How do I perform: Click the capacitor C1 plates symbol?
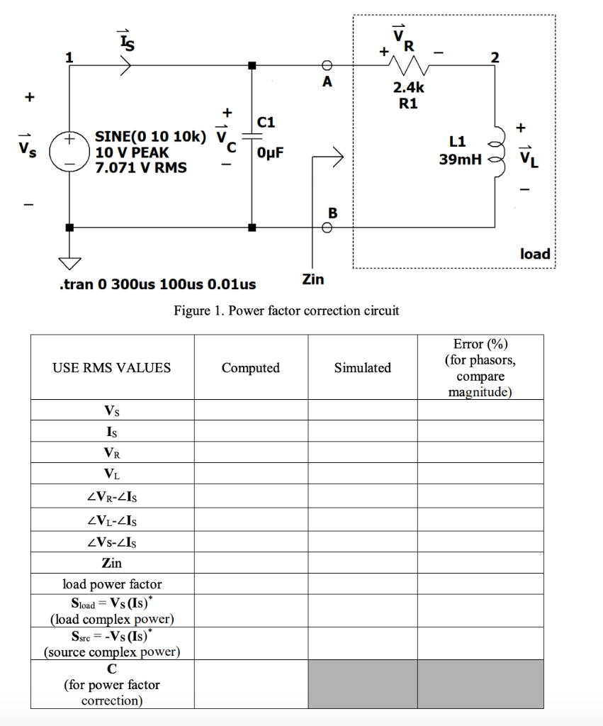[252, 138]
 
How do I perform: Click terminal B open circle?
[327, 228]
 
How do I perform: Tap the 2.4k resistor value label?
[409, 88]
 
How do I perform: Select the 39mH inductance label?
[458, 160]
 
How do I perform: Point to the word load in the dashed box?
[534, 253]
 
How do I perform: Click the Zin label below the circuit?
[312, 279]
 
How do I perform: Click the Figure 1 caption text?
[286, 311]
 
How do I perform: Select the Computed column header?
[250, 367]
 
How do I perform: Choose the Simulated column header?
[362, 367]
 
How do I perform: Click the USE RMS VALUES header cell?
[112, 367]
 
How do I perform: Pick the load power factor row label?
[112, 584]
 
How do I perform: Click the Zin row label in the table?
[112, 563]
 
